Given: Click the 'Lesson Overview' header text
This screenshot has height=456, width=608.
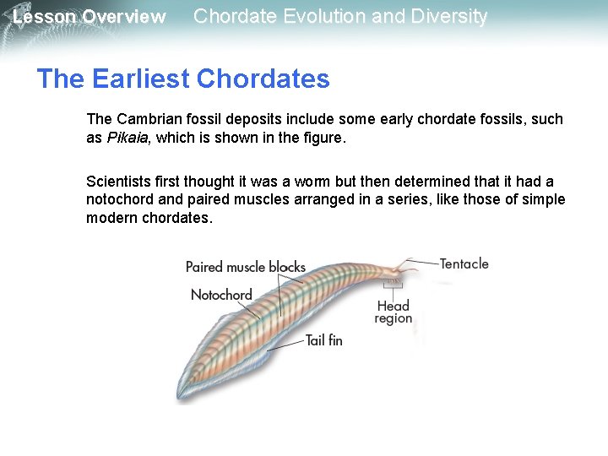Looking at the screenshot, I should (x=89, y=17).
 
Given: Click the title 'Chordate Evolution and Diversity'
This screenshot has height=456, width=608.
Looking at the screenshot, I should (x=340, y=16).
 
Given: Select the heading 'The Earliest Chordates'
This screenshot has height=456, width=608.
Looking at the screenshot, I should (x=183, y=79).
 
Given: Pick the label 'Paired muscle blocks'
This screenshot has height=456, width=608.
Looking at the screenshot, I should (x=245, y=267).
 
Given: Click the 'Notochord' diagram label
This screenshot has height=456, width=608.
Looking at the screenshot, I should (x=221, y=295).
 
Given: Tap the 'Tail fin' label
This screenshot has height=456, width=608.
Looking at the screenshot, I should (x=323, y=340).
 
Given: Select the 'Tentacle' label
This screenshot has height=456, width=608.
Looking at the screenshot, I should (x=464, y=263).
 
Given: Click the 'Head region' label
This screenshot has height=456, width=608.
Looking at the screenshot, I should (x=394, y=312).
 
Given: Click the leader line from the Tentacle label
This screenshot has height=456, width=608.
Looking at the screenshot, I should (x=422, y=262).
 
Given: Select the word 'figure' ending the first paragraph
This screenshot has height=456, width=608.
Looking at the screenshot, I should (x=323, y=138).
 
